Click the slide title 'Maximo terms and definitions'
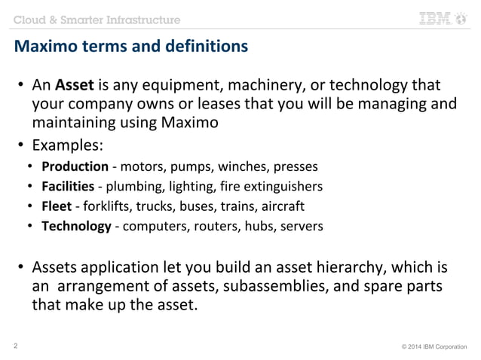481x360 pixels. pyautogui.click(x=130, y=48)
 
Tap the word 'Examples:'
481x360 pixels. pyautogui.click(x=67, y=144)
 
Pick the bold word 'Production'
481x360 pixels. pyautogui.click(x=75, y=166)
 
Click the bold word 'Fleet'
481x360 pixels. pyautogui.click(x=57, y=206)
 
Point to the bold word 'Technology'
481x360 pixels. pyautogui.click(x=76, y=225)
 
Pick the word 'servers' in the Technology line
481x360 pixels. pyautogui.click(x=301, y=225)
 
